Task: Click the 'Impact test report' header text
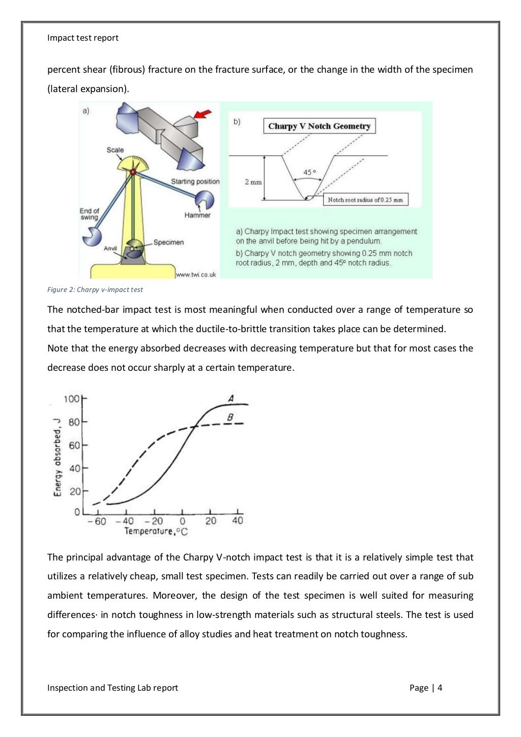click(x=83, y=38)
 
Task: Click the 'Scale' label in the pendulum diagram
click(x=115, y=150)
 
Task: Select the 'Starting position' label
click(x=195, y=182)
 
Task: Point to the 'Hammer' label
click(x=197, y=215)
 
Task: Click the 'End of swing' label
click(x=89, y=214)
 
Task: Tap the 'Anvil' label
click(x=110, y=248)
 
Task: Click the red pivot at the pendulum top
click(x=133, y=172)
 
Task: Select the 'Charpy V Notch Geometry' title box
click(x=319, y=126)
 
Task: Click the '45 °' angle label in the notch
click(x=309, y=172)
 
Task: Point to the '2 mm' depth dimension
click(x=253, y=182)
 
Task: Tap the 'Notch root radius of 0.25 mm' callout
click(x=365, y=200)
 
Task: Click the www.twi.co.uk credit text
click(x=196, y=275)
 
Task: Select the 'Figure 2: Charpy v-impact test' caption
click(x=95, y=289)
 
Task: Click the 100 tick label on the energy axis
click(x=71, y=399)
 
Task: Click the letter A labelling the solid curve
click(x=230, y=398)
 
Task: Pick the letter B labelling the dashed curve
click(x=230, y=417)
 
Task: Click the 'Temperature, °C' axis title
click(x=156, y=532)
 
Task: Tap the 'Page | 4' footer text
click(x=425, y=688)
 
